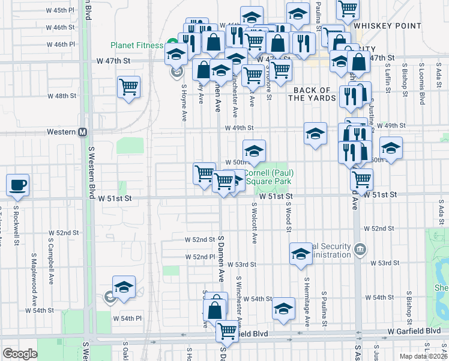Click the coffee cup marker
coord(17,185)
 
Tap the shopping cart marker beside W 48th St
coord(129,87)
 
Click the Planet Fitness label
coord(137,45)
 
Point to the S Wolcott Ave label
coord(255,223)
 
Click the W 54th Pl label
coord(128,318)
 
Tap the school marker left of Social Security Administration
coord(301,254)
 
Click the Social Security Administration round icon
coord(359,248)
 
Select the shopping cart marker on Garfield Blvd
coord(227,330)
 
